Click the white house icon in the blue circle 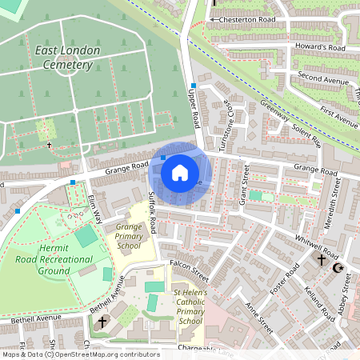[x=180, y=172]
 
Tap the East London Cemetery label [x=68, y=57]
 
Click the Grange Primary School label [x=129, y=237]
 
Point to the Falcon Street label [x=189, y=270]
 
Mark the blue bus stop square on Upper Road [x=193, y=85]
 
